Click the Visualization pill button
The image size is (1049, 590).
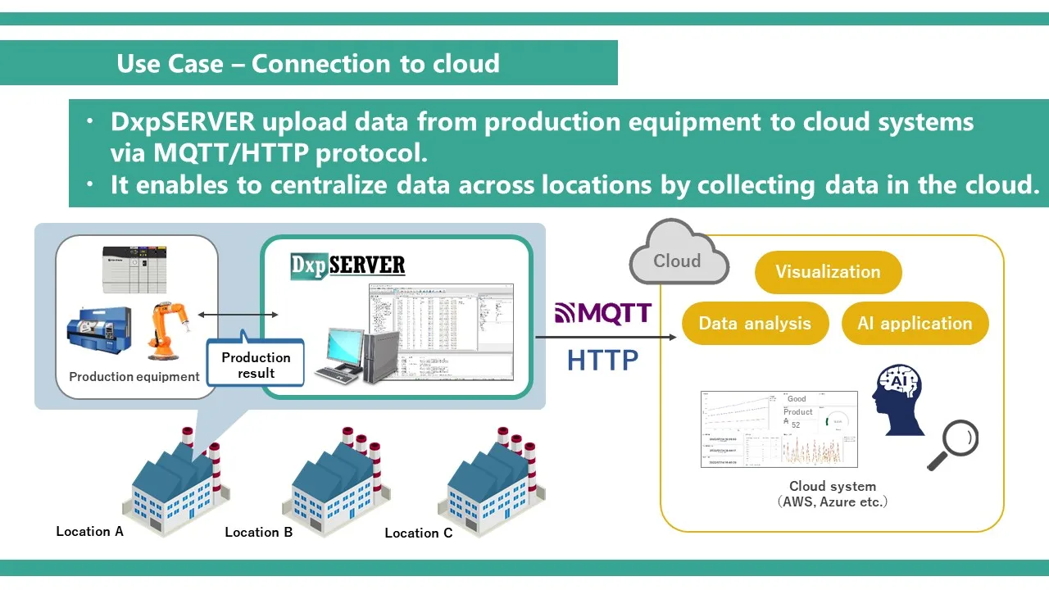[828, 272]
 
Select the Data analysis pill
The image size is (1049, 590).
[755, 323]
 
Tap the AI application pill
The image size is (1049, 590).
[915, 323]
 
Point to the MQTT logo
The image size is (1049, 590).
[603, 312]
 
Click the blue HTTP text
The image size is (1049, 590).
[602, 359]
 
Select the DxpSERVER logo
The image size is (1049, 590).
[348, 265]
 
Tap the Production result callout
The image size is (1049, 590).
[256, 365]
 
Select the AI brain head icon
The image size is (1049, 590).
[900, 400]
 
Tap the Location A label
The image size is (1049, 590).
[89, 531]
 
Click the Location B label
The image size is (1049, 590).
[258, 532]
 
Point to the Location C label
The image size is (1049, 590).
[418, 533]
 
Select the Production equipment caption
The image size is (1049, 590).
[134, 377]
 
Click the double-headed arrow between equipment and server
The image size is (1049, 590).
[238, 314]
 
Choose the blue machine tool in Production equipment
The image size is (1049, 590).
[98, 332]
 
